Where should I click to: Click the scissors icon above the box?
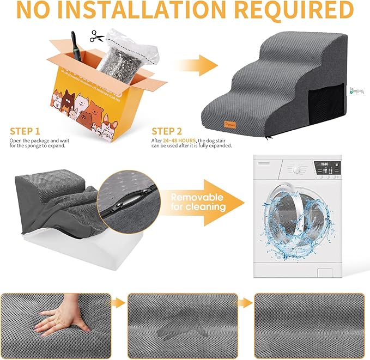click(97, 37)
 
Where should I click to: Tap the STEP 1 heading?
click(25, 131)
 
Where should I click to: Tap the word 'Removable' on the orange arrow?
click(196, 197)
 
